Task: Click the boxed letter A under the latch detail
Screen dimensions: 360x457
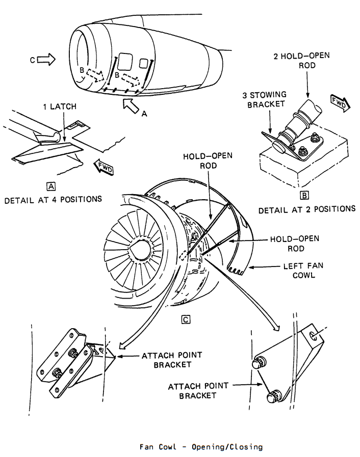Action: click(51, 186)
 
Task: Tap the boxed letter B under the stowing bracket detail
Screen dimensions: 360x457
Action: click(304, 195)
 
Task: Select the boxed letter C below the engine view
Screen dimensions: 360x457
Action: click(186, 319)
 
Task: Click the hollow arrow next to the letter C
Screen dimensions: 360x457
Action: click(46, 60)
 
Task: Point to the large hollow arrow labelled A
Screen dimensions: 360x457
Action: click(131, 105)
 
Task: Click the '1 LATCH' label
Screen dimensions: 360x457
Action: click(60, 106)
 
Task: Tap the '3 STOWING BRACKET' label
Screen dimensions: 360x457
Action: click(265, 99)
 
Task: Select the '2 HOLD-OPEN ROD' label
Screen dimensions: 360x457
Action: click(302, 60)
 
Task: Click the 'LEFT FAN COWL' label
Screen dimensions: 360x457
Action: click(303, 270)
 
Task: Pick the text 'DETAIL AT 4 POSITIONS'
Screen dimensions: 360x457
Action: click(53, 200)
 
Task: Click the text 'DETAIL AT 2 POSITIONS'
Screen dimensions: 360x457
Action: click(307, 209)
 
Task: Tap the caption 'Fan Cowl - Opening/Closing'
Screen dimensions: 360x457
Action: click(201, 447)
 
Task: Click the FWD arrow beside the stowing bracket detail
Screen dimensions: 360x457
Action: click(341, 103)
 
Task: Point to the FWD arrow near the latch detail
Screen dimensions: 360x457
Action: click(104, 167)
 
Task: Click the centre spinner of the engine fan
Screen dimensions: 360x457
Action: click(140, 250)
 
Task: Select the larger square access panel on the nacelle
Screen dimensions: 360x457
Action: click(125, 62)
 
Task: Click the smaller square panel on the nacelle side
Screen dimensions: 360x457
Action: click(143, 63)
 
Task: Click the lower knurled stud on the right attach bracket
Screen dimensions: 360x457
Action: click(274, 396)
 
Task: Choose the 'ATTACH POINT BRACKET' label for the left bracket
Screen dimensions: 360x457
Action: click(172, 360)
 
